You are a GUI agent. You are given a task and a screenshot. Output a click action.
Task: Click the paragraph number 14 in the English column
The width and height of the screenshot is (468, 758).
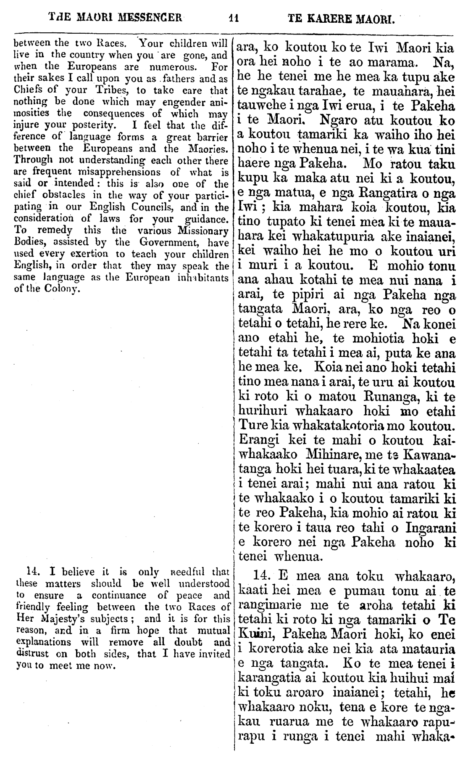[33, 572]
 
